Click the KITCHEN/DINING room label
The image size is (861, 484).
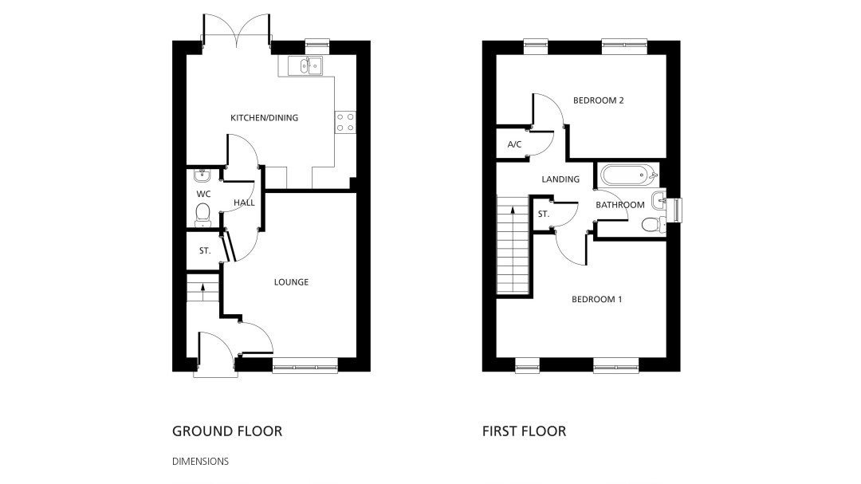pos(264,117)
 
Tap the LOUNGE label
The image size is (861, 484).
pos(291,281)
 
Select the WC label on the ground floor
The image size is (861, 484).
pos(203,194)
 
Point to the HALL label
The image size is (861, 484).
pos(244,203)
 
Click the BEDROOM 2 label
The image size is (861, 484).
pos(599,100)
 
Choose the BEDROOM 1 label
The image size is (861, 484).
pos(597,299)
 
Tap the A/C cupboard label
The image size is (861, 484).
pos(514,144)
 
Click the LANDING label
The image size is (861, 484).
pos(560,179)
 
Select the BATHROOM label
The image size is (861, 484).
pos(620,205)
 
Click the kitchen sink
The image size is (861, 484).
pos(311,66)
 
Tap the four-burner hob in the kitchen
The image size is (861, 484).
pos(345,122)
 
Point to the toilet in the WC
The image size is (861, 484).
pos(202,214)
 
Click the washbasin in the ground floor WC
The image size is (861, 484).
pos(202,175)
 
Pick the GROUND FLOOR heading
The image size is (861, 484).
pos(227,431)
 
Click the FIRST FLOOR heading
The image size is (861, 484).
pos(525,431)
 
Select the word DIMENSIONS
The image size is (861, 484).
pos(200,462)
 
